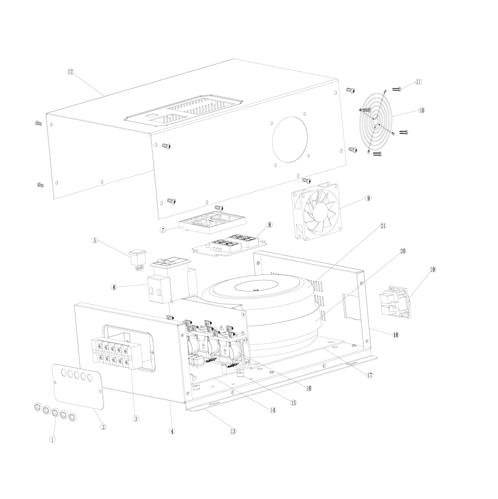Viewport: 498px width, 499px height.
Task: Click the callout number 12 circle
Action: tap(70, 72)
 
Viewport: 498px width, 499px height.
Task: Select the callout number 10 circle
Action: tap(422, 110)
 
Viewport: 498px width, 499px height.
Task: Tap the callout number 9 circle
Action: tap(368, 198)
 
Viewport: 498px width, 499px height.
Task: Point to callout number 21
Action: tap(383, 226)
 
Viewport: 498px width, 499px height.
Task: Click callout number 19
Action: tap(433, 269)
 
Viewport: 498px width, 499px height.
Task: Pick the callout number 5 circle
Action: tap(95, 240)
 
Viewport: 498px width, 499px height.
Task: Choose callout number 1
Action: tap(52, 440)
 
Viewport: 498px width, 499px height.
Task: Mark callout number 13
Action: tap(233, 432)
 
